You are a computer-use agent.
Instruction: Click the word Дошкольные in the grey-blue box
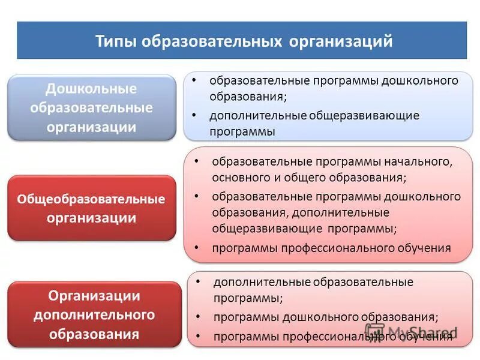pyautogui.click(x=92, y=89)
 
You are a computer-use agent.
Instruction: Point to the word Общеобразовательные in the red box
pyautogui.click(x=91, y=199)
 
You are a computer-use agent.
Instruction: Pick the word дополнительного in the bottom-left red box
pyautogui.click(x=94, y=314)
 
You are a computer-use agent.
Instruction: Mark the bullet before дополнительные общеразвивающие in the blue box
pyautogui.click(x=194, y=115)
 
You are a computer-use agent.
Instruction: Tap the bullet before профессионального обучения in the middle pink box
pyautogui.click(x=196, y=247)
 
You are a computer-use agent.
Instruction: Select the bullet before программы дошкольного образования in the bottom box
pyautogui.click(x=199, y=316)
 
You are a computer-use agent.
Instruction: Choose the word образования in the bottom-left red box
pyautogui.click(x=94, y=333)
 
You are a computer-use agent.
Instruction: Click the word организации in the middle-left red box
pyautogui.click(x=91, y=217)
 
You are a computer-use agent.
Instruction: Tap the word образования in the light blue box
pyautogui.click(x=246, y=96)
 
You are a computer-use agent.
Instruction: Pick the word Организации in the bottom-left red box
pyautogui.click(x=94, y=296)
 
